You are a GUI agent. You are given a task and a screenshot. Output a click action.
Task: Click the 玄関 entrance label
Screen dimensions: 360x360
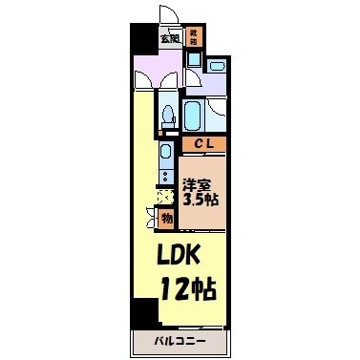click(x=170, y=39)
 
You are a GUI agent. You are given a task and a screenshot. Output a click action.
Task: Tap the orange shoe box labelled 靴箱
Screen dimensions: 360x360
click(x=195, y=38)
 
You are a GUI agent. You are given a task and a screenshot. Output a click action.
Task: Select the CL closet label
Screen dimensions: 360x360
click(x=202, y=144)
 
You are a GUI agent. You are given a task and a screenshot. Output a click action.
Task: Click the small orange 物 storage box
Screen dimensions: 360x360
click(x=167, y=219)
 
